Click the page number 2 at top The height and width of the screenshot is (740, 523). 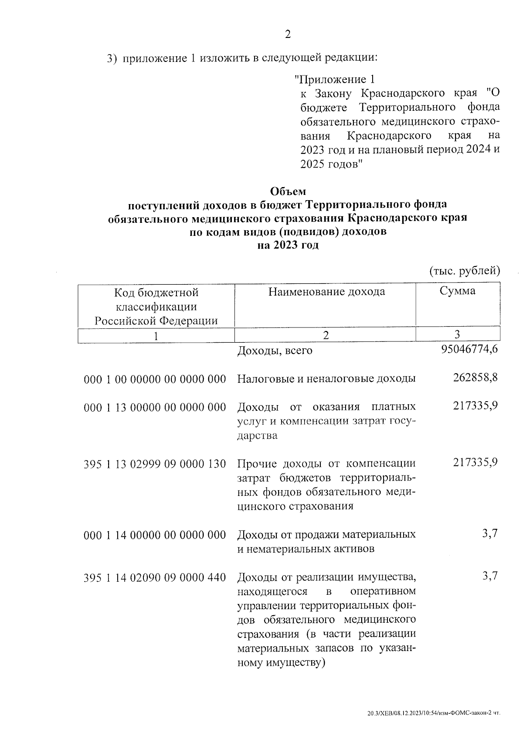point(288,34)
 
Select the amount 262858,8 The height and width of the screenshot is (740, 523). point(475,377)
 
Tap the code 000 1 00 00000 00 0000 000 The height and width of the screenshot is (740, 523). point(155,379)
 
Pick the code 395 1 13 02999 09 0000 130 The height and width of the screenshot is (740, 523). point(155,464)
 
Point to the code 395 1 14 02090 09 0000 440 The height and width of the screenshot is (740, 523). point(155,578)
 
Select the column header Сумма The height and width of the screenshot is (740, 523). point(457,291)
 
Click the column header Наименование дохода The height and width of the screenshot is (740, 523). point(326,291)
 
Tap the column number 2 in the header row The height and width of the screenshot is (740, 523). point(325,335)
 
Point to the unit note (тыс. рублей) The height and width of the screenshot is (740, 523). point(465,271)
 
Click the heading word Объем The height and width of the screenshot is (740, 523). point(288,191)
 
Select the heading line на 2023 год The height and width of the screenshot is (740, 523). point(288,245)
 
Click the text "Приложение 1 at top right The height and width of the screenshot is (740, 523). point(334,79)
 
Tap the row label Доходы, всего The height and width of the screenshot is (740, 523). point(275,351)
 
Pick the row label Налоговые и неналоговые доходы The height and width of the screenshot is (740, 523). point(326,379)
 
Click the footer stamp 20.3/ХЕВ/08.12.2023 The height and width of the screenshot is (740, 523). point(434,713)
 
